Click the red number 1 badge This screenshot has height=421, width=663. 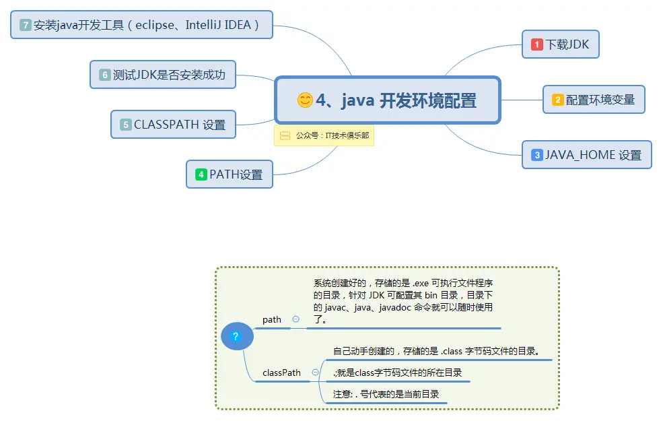point(537,44)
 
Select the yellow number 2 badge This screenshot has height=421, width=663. point(557,100)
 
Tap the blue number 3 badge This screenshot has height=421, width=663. point(537,155)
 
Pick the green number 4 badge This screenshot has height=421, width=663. point(201,174)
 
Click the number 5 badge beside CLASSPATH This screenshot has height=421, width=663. point(126,125)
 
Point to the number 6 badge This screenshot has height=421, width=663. point(105,75)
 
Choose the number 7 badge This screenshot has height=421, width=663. point(26,25)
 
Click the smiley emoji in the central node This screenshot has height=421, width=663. point(305,100)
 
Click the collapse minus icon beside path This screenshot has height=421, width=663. point(296,319)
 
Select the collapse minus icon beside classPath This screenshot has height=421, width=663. point(315,373)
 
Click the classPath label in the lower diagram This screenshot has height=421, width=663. point(281,373)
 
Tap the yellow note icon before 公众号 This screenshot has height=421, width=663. point(285,135)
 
